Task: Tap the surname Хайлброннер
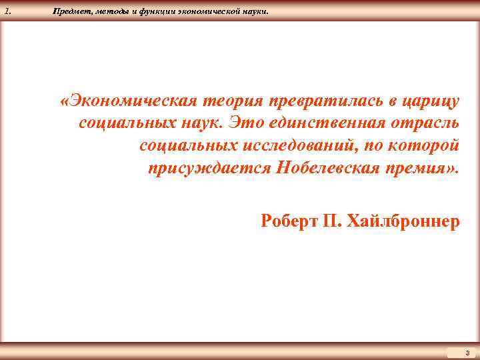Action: (411, 221)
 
